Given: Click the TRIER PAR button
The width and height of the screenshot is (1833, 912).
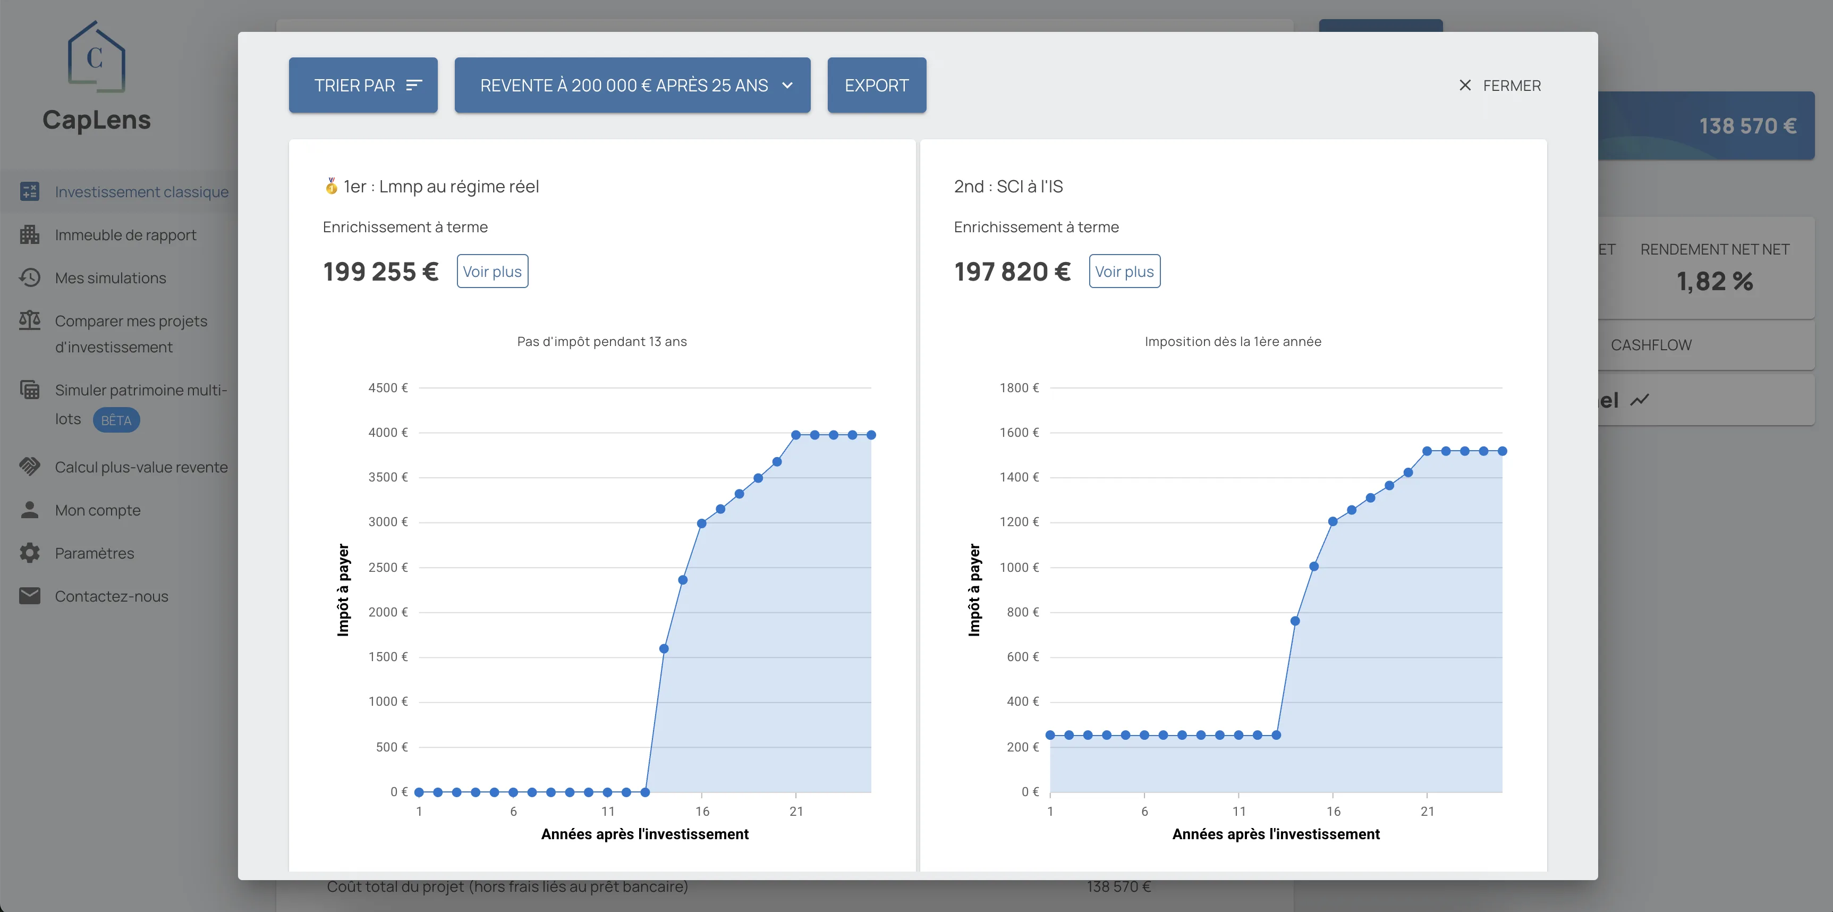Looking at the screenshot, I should tap(363, 86).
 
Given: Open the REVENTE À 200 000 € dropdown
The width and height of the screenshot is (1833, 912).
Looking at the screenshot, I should tap(632, 86).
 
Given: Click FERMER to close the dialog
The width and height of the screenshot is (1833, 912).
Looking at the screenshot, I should tap(1499, 86).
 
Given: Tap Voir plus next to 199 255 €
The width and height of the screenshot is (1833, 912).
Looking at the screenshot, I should tap(491, 271).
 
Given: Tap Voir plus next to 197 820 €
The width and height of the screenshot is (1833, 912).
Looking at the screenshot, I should tap(1124, 271).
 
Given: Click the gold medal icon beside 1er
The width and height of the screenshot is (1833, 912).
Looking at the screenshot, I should tap(331, 187).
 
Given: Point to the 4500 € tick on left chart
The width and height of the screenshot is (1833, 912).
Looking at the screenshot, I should tap(388, 388).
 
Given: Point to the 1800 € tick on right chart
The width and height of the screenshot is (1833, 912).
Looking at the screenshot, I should tap(1019, 388).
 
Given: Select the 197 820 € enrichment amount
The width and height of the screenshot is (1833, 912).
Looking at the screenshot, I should tap(1012, 271).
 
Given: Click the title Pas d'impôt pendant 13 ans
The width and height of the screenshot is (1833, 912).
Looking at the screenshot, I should tap(602, 342).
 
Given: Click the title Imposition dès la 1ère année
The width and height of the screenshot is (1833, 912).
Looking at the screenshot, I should tap(1233, 342).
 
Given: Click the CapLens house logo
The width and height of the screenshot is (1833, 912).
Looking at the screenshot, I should tap(96, 57).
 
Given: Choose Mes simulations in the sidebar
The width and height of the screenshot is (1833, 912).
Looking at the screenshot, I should tap(111, 277).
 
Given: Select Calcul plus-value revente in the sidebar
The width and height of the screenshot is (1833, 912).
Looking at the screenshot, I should tap(141, 467).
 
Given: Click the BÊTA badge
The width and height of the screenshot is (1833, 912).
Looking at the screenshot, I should tap(116, 420).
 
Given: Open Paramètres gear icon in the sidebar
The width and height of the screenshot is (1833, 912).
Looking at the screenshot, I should tap(30, 553).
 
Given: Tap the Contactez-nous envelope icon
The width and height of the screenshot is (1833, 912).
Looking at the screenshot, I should tap(30, 596).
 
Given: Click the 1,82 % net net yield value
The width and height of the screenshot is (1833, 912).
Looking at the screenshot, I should tap(1714, 281).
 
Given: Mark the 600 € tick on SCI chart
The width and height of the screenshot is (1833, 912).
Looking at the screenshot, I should tap(1023, 657).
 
